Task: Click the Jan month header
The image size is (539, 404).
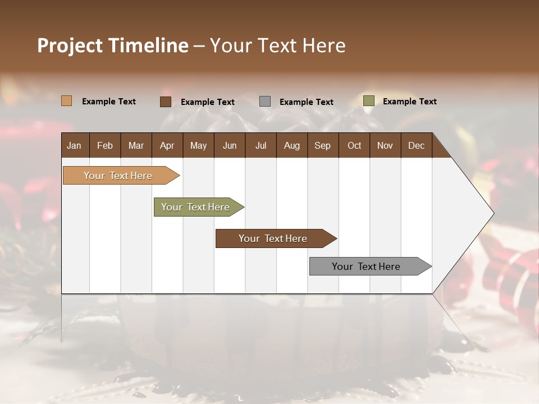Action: [74, 145]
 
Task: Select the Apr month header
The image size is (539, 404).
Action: [167, 145]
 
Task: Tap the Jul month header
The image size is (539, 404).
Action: [261, 145]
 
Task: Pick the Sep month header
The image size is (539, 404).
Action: [322, 145]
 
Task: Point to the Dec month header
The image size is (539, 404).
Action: [416, 145]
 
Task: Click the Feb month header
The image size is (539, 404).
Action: [105, 145]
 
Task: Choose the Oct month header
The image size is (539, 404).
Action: [354, 145]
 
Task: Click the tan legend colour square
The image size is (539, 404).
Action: [67, 101]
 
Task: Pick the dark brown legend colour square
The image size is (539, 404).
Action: [166, 102]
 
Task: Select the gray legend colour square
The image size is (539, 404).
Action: [265, 102]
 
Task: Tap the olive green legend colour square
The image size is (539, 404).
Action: [369, 101]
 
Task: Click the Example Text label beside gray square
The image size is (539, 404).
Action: [307, 102]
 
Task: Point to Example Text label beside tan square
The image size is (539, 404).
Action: [109, 101]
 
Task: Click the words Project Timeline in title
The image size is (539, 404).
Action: [113, 45]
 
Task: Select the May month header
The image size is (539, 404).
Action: [198, 145]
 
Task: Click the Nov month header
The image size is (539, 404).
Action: [385, 145]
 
